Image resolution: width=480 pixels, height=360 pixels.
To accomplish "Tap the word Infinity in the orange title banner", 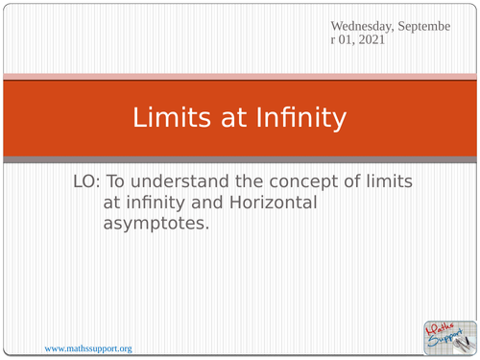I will [297, 118].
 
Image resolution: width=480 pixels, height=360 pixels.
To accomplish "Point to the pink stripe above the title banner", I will [240, 76].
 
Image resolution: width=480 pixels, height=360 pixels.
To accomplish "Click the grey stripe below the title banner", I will [240, 158].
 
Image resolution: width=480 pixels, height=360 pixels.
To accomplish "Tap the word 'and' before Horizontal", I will [209, 204].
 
